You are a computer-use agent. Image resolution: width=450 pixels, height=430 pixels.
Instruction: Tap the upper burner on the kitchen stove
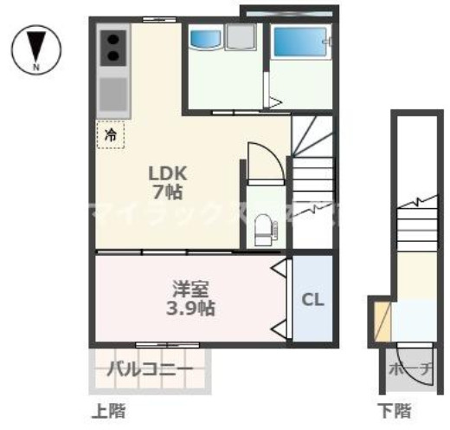[x=113, y=39]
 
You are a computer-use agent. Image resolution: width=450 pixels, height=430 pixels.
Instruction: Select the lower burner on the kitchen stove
[x=113, y=57]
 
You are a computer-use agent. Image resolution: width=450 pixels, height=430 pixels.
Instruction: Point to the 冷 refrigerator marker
[x=110, y=134]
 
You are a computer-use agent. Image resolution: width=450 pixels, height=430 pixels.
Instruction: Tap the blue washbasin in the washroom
[x=206, y=38]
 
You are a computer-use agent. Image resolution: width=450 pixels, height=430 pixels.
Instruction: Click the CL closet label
[x=312, y=300]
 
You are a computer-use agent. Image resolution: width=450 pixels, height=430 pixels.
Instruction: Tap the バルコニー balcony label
[x=150, y=370]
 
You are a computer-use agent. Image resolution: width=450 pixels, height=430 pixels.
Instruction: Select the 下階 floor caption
[x=394, y=408]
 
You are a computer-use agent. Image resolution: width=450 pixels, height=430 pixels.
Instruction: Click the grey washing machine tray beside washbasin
[x=243, y=40]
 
